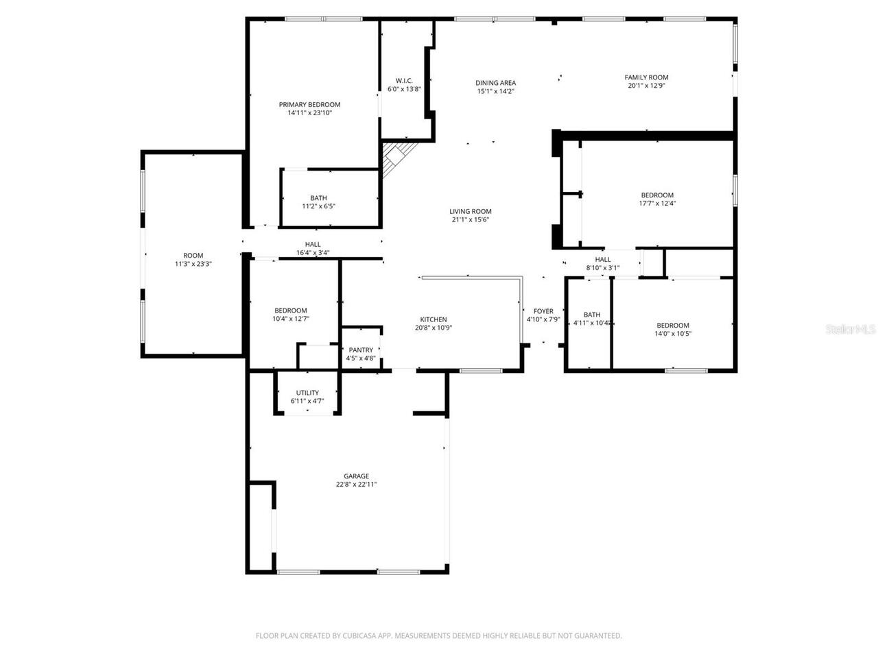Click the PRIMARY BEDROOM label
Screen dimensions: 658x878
(x=309, y=105)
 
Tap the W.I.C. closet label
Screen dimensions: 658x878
(x=404, y=80)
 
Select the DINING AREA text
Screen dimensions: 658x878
(x=495, y=83)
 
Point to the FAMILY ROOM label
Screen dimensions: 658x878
(x=646, y=77)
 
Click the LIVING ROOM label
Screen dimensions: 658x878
(x=471, y=212)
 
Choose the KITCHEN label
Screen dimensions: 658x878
(x=434, y=319)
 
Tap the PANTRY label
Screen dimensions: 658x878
(x=361, y=350)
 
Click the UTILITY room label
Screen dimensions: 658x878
(x=307, y=393)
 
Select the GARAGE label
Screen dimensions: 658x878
(x=356, y=476)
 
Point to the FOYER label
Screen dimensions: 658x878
(x=543, y=311)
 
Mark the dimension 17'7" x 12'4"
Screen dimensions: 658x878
(x=657, y=204)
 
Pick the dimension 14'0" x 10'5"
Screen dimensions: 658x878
(x=673, y=334)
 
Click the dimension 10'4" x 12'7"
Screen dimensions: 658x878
(x=291, y=319)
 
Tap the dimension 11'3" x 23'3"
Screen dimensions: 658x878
(x=193, y=264)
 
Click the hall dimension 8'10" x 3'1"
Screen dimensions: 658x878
(x=603, y=268)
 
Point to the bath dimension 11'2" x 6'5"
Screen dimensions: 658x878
(x=318, y=206)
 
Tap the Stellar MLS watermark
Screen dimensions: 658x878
(x=851, y=330)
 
